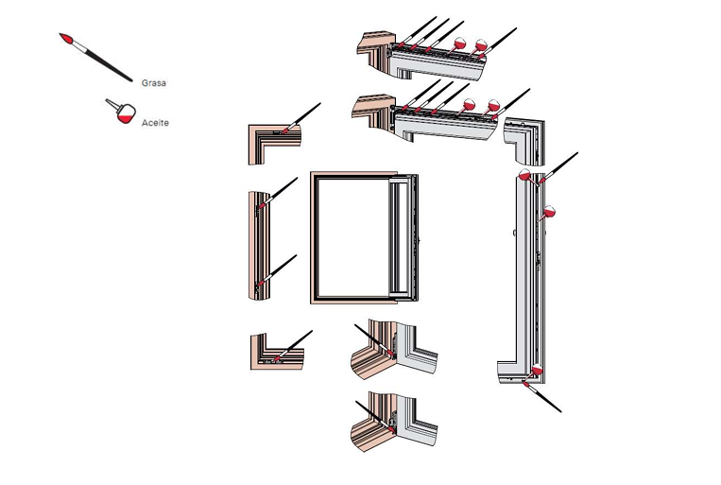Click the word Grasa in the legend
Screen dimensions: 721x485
click(154, 83)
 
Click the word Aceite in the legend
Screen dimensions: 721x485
click(155, 123)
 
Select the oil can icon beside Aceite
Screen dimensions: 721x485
click(121, 111)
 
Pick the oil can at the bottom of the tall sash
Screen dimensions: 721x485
click(535, 371)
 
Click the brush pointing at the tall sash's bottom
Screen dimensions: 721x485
click(541, 396)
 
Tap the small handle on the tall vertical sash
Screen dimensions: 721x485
click(514, 233)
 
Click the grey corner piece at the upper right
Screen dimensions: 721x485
click(524, 141)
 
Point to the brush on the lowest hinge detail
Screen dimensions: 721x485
click(375, 416)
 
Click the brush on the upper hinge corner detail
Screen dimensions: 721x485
click(374, 340)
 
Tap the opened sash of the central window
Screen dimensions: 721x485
click(403, 237)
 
